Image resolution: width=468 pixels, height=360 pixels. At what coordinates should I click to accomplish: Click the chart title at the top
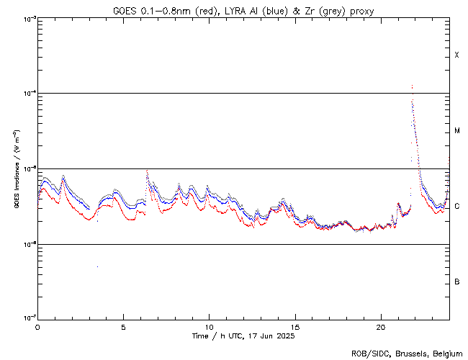click(x=243, y=11)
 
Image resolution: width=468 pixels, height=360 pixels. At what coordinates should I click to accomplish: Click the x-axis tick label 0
click(x=37, y=326)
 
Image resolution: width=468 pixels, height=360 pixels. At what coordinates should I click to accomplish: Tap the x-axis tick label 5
click(x=123, y=326)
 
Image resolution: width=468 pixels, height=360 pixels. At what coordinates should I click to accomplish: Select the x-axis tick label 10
click(x=209, y=326)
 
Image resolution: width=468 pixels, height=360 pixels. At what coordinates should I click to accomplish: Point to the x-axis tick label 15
click(x=294, y=326)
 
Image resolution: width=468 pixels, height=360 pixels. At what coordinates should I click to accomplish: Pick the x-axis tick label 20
click(x=380, y=326)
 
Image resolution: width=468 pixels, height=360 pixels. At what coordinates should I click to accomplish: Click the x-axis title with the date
click(x=243, y=336)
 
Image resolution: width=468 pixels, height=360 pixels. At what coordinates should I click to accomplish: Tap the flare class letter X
click(x=457, y=55)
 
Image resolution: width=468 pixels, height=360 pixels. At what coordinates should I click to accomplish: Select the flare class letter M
click(x=457, y=131)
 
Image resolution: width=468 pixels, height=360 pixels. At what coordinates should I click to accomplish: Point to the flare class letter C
click(x=457, y=207)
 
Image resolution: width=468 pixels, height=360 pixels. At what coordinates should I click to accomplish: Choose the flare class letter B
click(x=457, y=282)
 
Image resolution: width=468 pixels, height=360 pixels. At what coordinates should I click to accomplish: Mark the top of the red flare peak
click(x=412, y=86)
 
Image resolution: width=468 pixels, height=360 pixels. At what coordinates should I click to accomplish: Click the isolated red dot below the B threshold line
click(x=97, y=266)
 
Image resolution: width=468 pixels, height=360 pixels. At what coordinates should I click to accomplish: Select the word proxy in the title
click(x=361, y=11)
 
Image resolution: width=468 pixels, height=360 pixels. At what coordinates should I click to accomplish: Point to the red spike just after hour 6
click(x=147, y=171)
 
